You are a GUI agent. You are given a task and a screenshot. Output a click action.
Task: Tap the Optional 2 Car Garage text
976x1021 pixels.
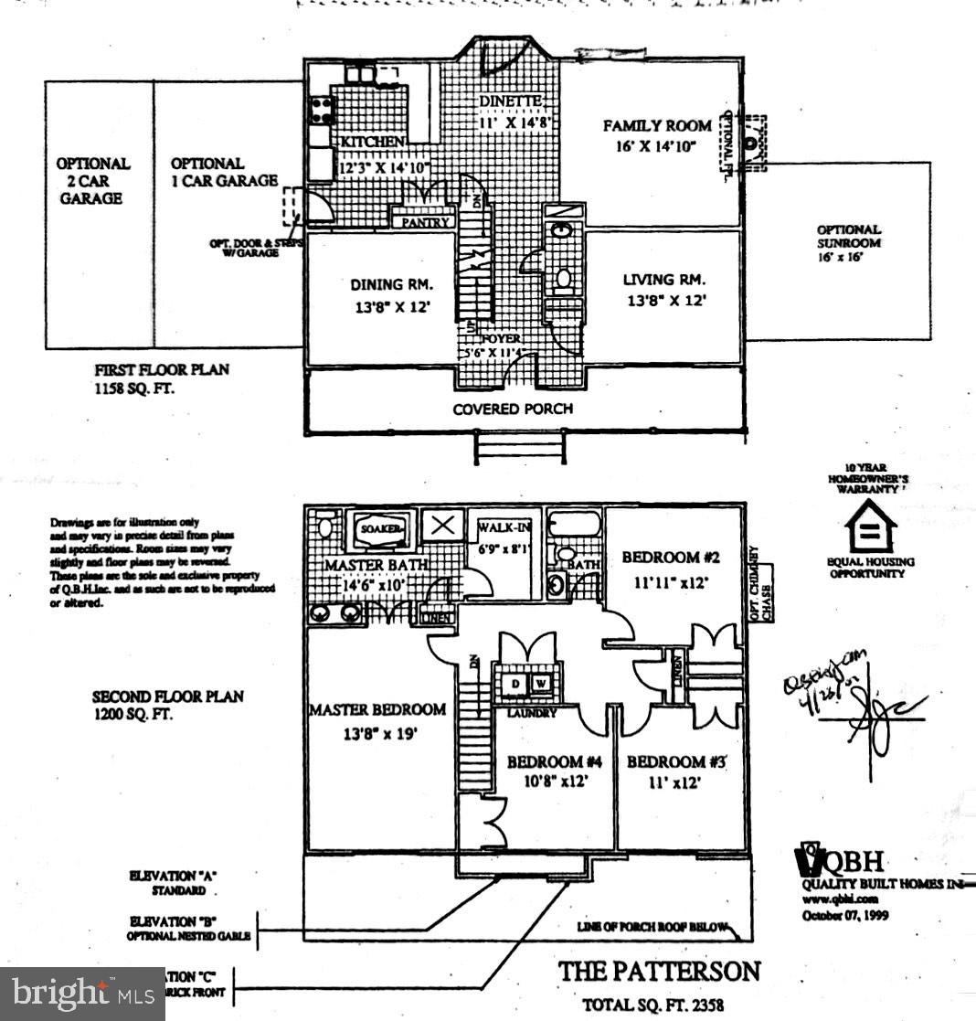92,180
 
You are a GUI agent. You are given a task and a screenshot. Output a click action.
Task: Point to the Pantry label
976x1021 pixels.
425,222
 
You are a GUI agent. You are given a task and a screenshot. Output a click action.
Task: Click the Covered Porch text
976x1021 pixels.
513,409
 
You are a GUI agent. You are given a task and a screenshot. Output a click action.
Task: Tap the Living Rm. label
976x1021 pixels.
663,289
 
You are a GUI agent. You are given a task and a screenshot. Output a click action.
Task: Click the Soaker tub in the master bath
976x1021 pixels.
380,529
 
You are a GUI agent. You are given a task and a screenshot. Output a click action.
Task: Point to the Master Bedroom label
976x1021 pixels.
377,719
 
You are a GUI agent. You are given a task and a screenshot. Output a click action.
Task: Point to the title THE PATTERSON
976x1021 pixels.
659,971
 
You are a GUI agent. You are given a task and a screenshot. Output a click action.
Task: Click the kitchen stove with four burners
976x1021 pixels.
322,111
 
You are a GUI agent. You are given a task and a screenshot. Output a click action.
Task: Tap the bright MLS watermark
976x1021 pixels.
82,994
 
